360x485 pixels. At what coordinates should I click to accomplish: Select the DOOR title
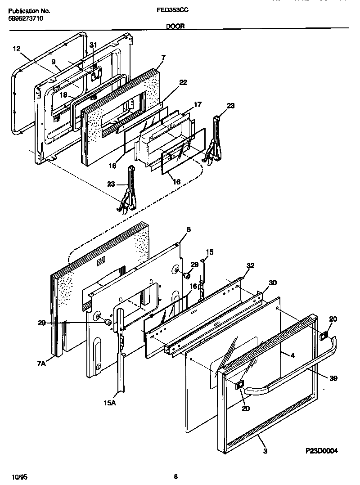pyautogui.click(x=175, y=27)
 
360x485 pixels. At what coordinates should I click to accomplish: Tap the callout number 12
pyautogui.click(x=16, y=49)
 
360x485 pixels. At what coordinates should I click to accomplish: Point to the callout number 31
pyautogui.click(x=93, y=45)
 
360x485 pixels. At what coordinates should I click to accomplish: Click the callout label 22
pyautogui.click(x=171, y=82)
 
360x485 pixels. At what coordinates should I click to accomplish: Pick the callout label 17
pyautogui.click(x=198, y=104)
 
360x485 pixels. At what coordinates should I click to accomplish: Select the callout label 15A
pyautogui.click(x=110, y=402)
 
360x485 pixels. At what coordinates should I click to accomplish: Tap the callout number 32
pyautogui.click(x=250, y=266)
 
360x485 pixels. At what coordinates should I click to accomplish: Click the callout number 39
pyautogui.click(x=333, y=378)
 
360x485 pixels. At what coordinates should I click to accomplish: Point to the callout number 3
pyautogui.click(x=265, y=451)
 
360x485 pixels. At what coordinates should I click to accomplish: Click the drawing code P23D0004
pyautogui.click(x=322, y=451)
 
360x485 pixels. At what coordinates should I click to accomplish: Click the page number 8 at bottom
pyautogui.click(x=175, y=476)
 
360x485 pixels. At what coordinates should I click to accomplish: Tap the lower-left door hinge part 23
pyautogui.click(x=130, y=189)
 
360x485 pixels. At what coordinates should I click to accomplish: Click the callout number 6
pyautogui.click(x=188, y=229)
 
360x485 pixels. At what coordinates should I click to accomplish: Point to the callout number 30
pyautogui.click(x=273, y=283)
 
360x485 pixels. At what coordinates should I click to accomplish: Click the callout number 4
pyautogui.click(x=292, y=356)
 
